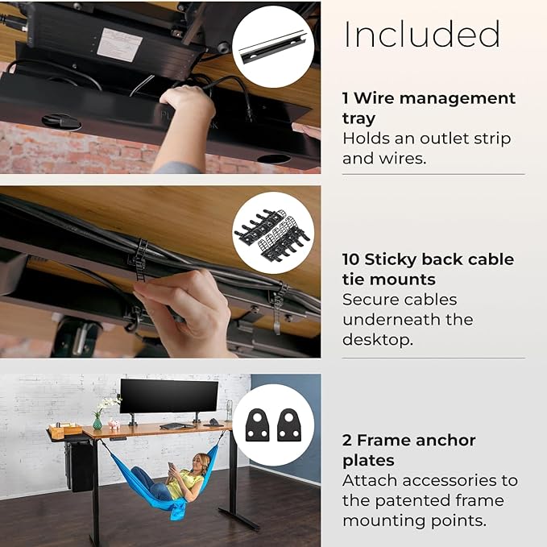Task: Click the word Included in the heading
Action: (x=422, y=34)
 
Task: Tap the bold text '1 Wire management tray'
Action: (x=429, y=108)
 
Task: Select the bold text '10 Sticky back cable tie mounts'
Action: (x=428, y=269)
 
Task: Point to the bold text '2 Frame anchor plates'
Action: (x=409, y=450)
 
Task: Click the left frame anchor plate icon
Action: (x=258, y=425)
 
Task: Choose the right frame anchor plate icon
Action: (x=289, y=425)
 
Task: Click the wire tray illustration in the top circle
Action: (x=273, y=47)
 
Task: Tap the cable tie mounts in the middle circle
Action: (x=272, y=233)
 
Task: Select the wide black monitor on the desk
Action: (x=169, y=396)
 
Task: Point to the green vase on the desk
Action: (x=97, y=423)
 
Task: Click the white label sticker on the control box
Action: (x=119, y=45)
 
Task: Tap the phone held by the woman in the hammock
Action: (x=171, y=466)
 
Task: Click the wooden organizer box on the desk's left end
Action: (x=65, y=430)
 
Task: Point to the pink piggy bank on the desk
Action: (x=114, y=425)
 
